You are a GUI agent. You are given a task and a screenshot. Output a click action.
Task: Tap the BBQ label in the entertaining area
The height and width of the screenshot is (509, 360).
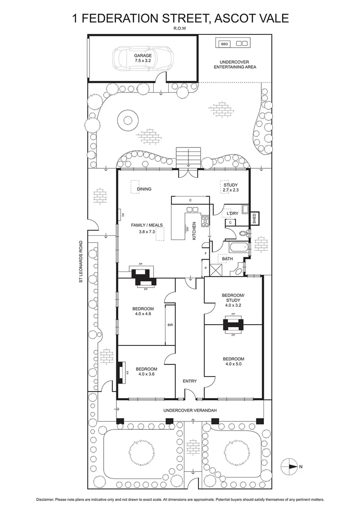[224, 44]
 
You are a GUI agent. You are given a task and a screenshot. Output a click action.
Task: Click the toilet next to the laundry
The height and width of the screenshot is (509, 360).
[243, 233]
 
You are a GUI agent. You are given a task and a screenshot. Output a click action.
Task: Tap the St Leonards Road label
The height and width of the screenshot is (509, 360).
[81, 263]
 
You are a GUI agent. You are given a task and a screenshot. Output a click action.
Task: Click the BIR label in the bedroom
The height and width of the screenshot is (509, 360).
[170, 325]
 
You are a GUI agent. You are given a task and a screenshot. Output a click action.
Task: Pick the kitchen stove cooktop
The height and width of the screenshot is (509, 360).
[205, 221]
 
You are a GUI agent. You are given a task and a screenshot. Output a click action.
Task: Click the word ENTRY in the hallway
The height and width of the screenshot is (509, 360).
[190, 381]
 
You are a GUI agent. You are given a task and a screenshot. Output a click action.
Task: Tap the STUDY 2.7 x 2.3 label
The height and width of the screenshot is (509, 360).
[231, 188]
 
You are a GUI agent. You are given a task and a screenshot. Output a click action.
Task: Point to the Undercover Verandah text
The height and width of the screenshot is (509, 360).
[190, 410]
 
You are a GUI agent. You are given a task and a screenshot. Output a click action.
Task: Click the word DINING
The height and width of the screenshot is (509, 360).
[144, 189]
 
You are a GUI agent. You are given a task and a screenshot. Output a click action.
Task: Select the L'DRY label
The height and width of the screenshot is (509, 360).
[232, 213]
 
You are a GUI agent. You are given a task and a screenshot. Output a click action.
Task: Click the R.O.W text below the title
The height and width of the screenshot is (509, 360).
[180, 28]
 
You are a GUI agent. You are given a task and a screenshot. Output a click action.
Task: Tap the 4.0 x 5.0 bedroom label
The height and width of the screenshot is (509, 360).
[235, 361]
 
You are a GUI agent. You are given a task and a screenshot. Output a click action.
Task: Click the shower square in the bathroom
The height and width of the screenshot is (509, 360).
[216, 270]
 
